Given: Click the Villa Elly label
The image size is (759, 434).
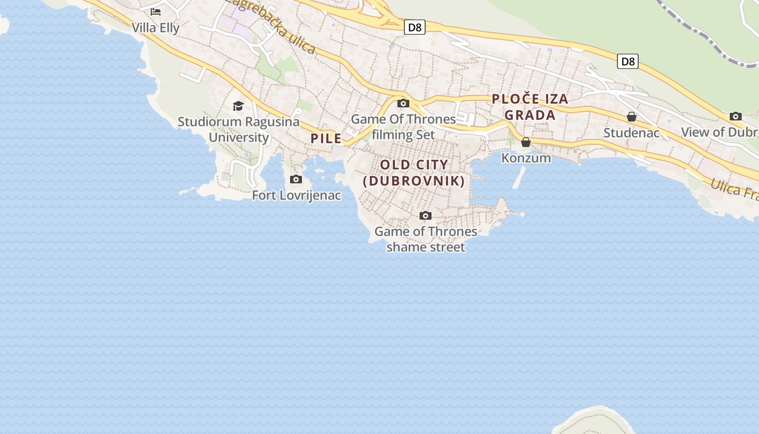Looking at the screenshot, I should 156,28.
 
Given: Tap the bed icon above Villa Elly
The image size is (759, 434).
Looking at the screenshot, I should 156,11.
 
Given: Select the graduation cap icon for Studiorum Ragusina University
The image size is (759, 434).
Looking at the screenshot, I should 238,106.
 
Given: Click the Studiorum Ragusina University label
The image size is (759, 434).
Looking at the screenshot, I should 239,129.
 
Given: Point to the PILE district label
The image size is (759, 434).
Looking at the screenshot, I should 326,138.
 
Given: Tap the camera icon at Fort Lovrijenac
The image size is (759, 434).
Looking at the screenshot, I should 296,179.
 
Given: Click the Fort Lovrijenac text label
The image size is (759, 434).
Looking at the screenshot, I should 297,195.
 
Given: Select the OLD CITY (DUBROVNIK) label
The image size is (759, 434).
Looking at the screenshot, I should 414,173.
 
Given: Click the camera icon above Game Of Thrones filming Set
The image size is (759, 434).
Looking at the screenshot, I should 403,103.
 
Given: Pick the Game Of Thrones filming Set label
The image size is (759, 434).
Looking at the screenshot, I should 403,126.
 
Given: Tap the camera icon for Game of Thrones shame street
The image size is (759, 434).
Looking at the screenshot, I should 426,215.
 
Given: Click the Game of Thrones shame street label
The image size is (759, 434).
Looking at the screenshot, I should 426,239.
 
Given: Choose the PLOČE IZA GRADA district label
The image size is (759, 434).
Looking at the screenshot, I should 530,107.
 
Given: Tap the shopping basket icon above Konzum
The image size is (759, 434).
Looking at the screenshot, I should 526,142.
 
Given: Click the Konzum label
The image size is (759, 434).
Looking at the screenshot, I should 526,158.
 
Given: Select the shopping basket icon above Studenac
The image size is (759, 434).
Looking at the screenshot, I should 632,117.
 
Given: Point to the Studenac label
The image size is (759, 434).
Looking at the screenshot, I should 632,133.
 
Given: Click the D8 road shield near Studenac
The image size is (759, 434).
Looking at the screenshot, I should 628,61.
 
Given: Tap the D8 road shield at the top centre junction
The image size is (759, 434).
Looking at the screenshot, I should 415,27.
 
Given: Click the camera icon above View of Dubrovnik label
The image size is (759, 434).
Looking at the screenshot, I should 736,116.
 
